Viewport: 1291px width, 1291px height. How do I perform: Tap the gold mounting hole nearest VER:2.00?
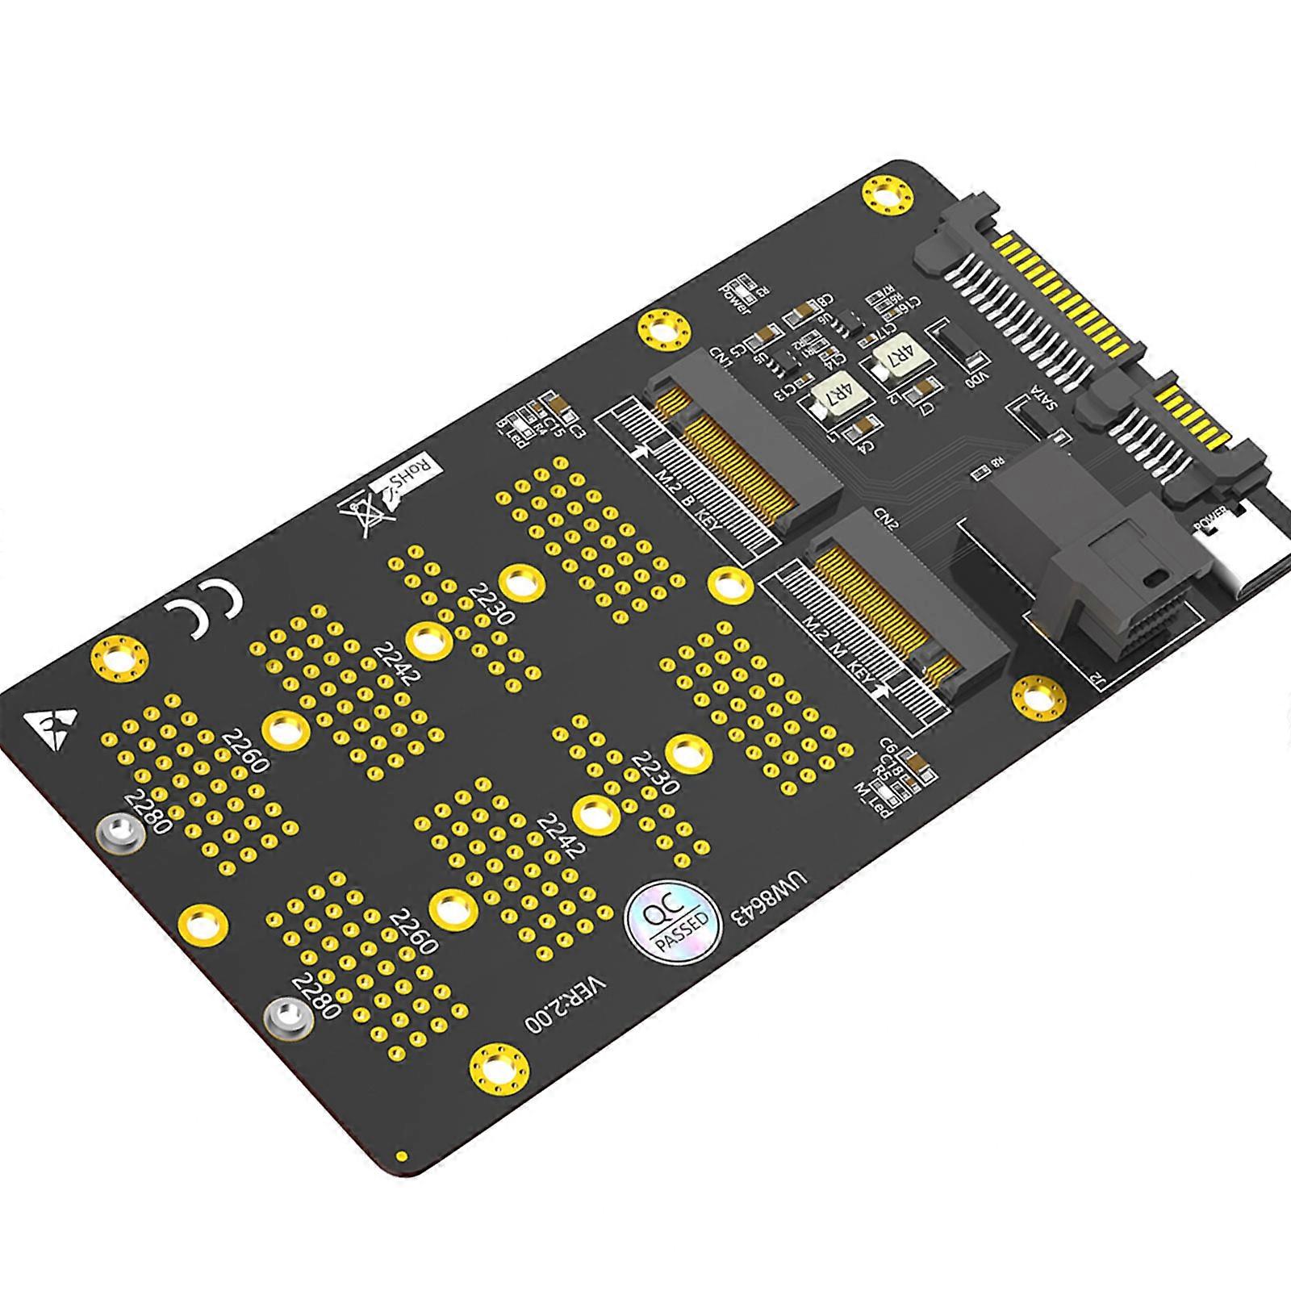tap(499, 1071)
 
